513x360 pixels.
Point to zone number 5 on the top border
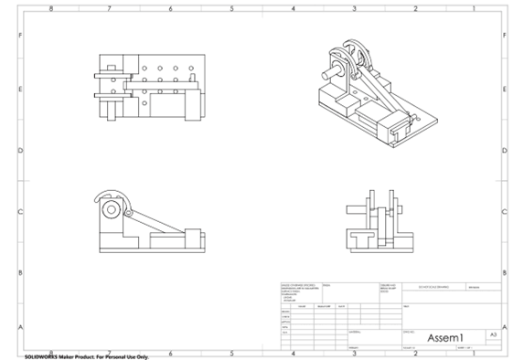(231, 8)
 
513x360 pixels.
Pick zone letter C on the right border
(504, 212)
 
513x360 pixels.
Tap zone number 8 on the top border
(50, 8)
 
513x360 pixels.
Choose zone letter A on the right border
(504, 326)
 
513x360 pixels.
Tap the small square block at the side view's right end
(193, 234)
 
